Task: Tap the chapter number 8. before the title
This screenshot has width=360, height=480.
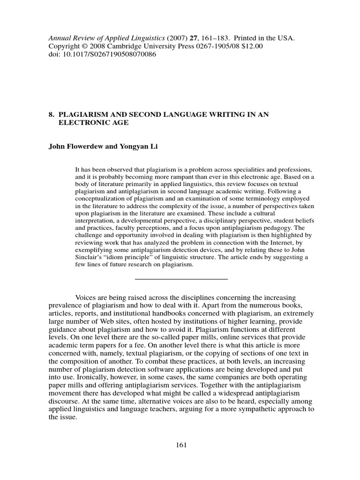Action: tap(52, 115)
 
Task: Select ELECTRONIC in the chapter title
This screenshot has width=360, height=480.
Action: tap(83, 123)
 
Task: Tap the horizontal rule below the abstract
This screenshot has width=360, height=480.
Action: tap(181, 279)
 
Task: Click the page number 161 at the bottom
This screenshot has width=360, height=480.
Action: tap(180, 445)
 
